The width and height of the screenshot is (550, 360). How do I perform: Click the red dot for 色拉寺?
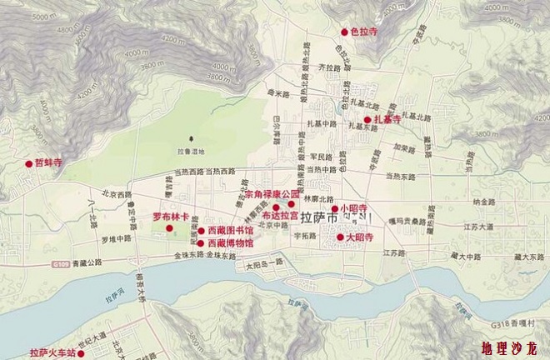[x=343, y=32]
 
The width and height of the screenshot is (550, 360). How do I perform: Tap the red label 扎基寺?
[x=387, y=120]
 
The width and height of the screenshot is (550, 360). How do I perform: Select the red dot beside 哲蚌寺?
[x=28, y=163]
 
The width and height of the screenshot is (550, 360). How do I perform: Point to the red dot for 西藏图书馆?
[x=201, y=230]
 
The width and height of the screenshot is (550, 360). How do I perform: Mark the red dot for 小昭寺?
[x=333, y=208]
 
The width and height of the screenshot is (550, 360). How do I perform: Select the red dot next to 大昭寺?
[x=339, y=237]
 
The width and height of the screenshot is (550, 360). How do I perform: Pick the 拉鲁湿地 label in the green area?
[x=191, y=151]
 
